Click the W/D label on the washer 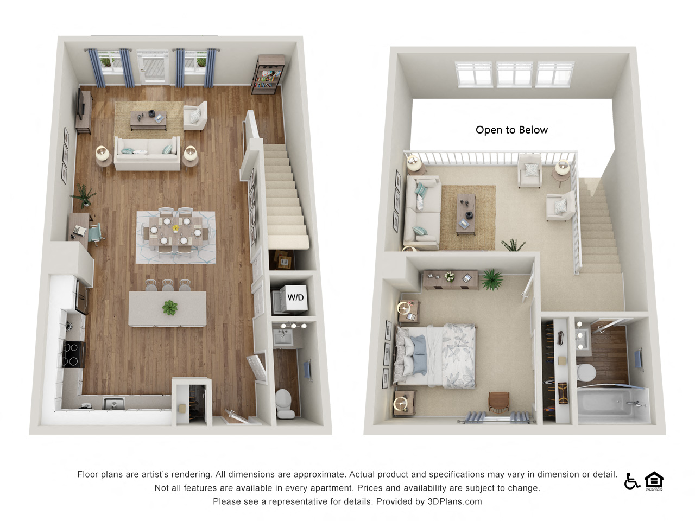[x=295, y=297]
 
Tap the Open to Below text [x=511, y=130]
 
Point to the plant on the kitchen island [x=170, y=308]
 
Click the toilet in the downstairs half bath [x=284, y=402]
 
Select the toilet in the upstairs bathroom [x=586, y=372]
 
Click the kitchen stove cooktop [x=73, y=354]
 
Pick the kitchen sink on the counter [x=114, y=403]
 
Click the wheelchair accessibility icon [x=631, y=481]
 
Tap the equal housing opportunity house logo [x=654, y=481]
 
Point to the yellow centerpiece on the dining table [x=176, y=229]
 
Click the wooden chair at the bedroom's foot [x=499, y=402]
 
